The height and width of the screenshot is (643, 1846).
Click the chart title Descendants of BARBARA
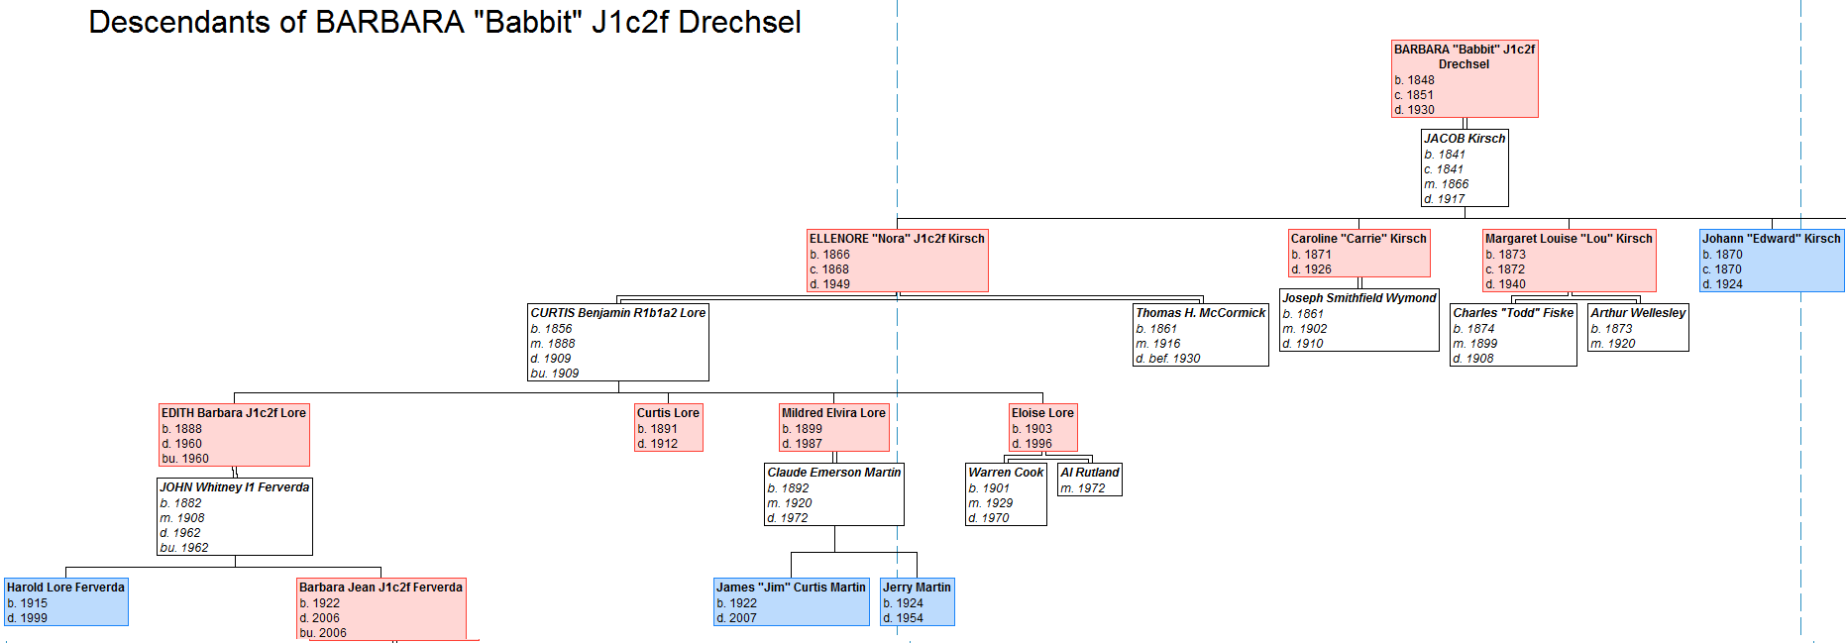pyautogui.click(x=444, y=22)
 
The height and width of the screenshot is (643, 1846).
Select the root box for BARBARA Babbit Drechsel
pyautogui.click(x=1464, y=78)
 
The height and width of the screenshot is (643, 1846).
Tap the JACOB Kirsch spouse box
pyautogui.click(x=1464, y=167)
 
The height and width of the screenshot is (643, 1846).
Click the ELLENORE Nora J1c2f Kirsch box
pyautogui.click(x=897, y=261)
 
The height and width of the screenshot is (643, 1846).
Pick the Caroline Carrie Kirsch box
pyautogui.click(x=1358, y=253)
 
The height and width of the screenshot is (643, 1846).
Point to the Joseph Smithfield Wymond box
pyautogui.click(x=1358, y=320)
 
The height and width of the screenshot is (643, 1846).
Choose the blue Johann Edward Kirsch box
pyautogui.click(x=1771, y=261)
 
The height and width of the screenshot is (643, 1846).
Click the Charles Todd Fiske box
pyautogui.click(x=1512, y=335)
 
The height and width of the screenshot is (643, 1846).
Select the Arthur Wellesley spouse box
pyautogui.click(x=1637, y=327)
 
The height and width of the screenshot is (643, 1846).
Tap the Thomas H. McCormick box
pyautogui.click(x=1200, y=335)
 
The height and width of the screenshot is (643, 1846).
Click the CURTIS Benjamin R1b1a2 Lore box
pyautogui.click(x=617, y=342)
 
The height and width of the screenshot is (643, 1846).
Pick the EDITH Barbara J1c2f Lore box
pyautogui.click(x=234, y=434)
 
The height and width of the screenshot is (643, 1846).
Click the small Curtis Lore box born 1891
pyautogui.click(x=668, y=427)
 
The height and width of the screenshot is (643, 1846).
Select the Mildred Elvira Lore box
pyautogui.click(x=833, y=427)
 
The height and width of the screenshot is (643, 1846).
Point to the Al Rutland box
pyautogui.click(x=1089, y=480)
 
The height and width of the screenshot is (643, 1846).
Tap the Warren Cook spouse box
pyautogui.click(x=1006, y=494)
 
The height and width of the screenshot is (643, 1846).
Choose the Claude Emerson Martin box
pyautogui.click(x=833, y=494)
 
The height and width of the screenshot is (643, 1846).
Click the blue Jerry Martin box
pyautogui.click(x=917, y=601)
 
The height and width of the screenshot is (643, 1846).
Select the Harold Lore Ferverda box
pyautogui.click(x=65, y=601)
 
